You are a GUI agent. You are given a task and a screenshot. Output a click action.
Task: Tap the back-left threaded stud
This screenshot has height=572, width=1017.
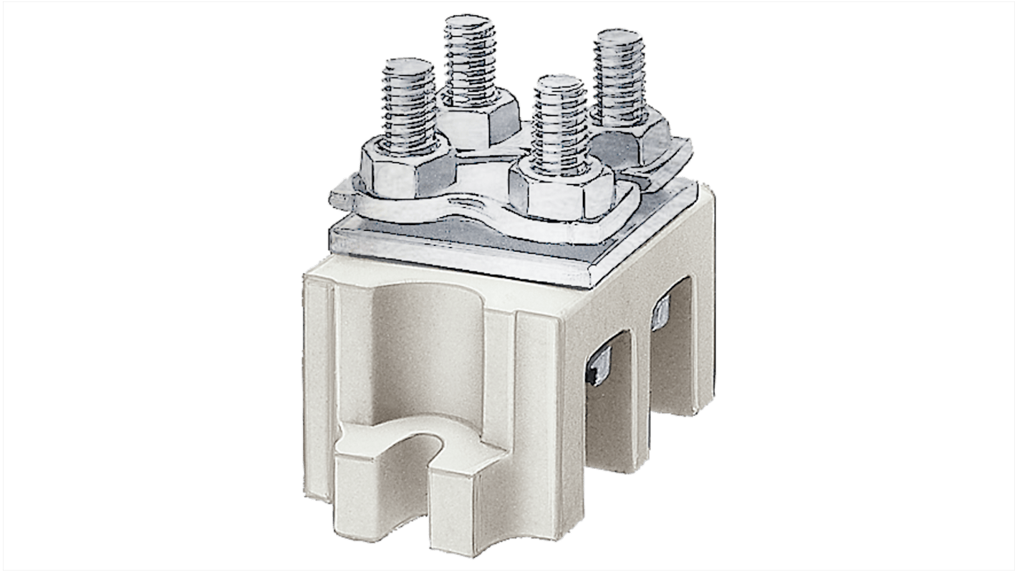click(x=469, y=54)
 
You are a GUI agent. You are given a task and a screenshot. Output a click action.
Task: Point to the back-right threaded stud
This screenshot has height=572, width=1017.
click(x=617, y=75)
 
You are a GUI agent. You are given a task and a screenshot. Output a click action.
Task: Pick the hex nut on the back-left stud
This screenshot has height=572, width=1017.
click(x=478, y=114)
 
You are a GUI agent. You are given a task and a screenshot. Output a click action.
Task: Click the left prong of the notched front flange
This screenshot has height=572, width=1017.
click(x=358, y=502)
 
